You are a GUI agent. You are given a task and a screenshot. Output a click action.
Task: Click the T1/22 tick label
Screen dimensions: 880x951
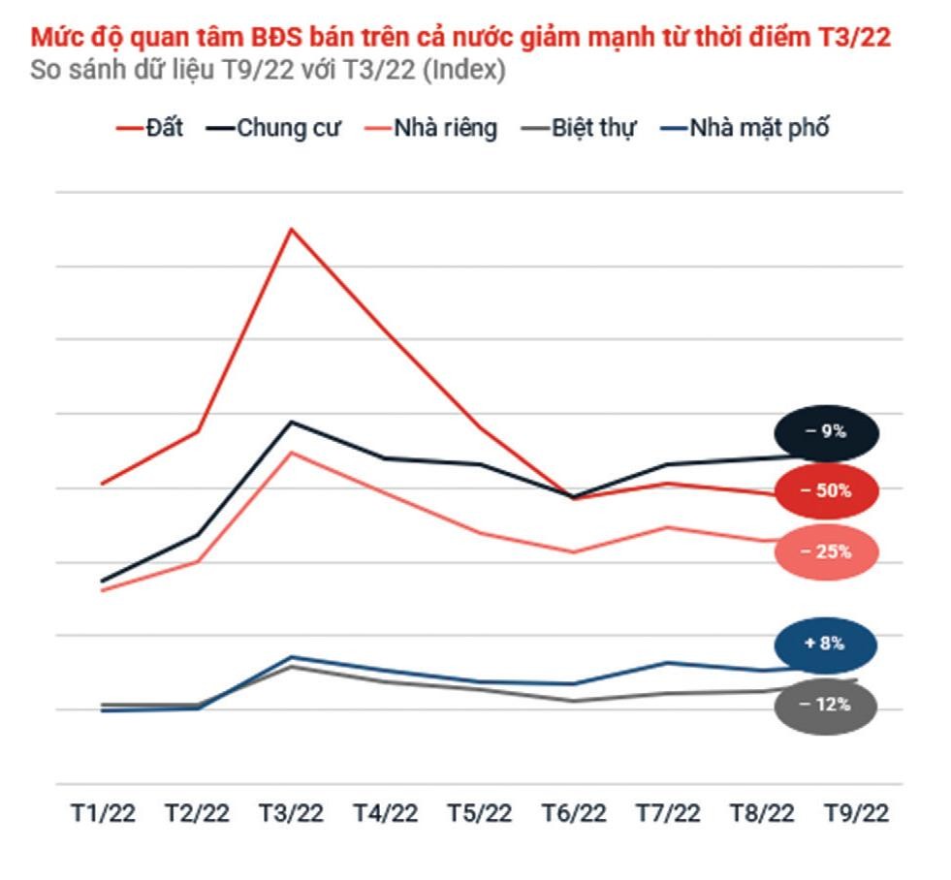pos(102,813)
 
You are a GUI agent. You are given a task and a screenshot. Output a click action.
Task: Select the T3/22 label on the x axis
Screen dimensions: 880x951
pos(292,813)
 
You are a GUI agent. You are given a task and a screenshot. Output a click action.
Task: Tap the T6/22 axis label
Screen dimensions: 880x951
pos(573,813)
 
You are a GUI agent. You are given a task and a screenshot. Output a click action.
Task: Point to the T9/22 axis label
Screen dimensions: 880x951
pos(856,813)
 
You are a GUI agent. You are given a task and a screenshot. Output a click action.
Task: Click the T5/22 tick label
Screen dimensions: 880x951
pos(479,813)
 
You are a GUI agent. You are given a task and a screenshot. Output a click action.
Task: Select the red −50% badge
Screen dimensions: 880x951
pos(826,491)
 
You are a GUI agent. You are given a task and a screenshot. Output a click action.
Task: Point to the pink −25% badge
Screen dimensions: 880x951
pos(826,552)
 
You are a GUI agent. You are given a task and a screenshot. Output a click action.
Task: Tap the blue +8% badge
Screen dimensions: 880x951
pos(825,644)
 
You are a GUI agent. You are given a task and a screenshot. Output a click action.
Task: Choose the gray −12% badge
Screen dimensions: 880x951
pos(825,706)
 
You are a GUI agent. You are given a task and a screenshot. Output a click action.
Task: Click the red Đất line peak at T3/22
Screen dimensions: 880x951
pos(292,230)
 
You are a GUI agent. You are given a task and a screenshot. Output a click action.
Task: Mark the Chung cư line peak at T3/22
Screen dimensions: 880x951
pos(292,423)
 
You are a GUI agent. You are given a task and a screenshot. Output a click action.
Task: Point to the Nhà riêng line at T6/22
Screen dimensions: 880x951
pos(574,552)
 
